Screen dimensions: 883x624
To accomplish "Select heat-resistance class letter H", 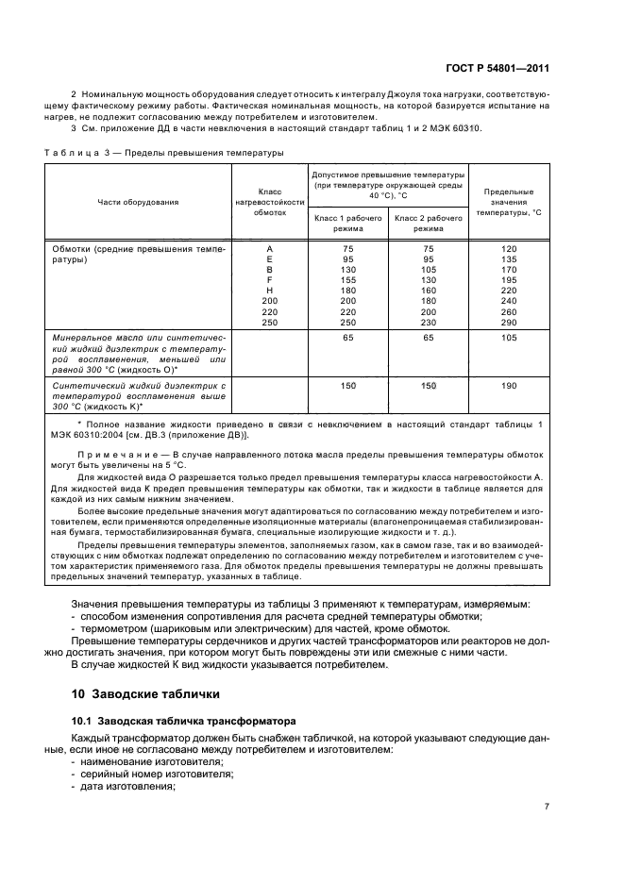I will (270, 291).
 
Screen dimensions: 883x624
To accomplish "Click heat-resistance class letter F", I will (270, 279).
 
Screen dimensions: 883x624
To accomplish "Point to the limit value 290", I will (510, 324).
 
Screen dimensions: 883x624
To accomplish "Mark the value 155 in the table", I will (348, 279).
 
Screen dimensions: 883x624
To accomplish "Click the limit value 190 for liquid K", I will (510, 386).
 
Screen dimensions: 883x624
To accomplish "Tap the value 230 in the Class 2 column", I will (429, 324).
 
